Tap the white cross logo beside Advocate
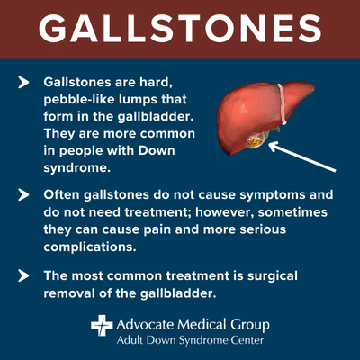[x=101, y=325]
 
